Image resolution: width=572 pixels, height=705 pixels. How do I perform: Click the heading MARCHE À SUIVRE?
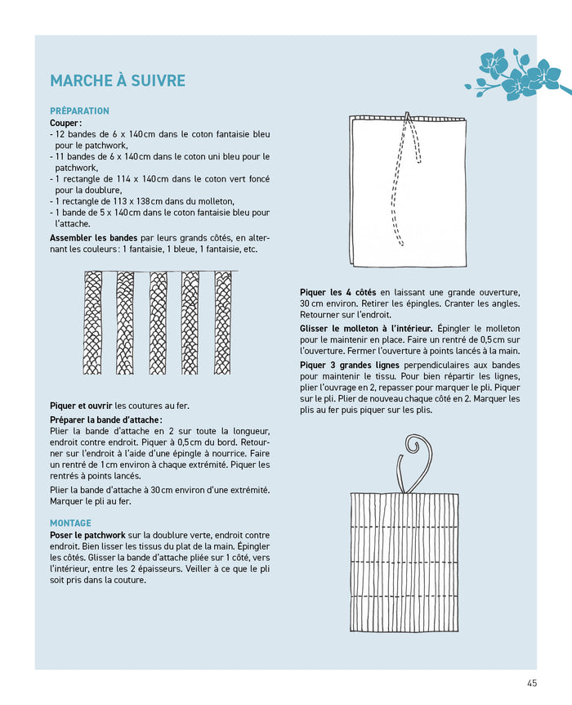(118, 80)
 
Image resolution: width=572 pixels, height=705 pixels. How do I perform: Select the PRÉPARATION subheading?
(79, 111)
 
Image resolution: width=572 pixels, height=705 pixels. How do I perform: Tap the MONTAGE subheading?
(70, 523)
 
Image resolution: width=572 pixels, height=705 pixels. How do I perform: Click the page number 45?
(532, 684)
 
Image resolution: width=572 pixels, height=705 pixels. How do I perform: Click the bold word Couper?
(65, 123)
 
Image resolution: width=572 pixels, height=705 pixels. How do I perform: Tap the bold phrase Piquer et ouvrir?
(81, 405)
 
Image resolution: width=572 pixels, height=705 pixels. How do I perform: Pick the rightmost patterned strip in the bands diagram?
(222, 322)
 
